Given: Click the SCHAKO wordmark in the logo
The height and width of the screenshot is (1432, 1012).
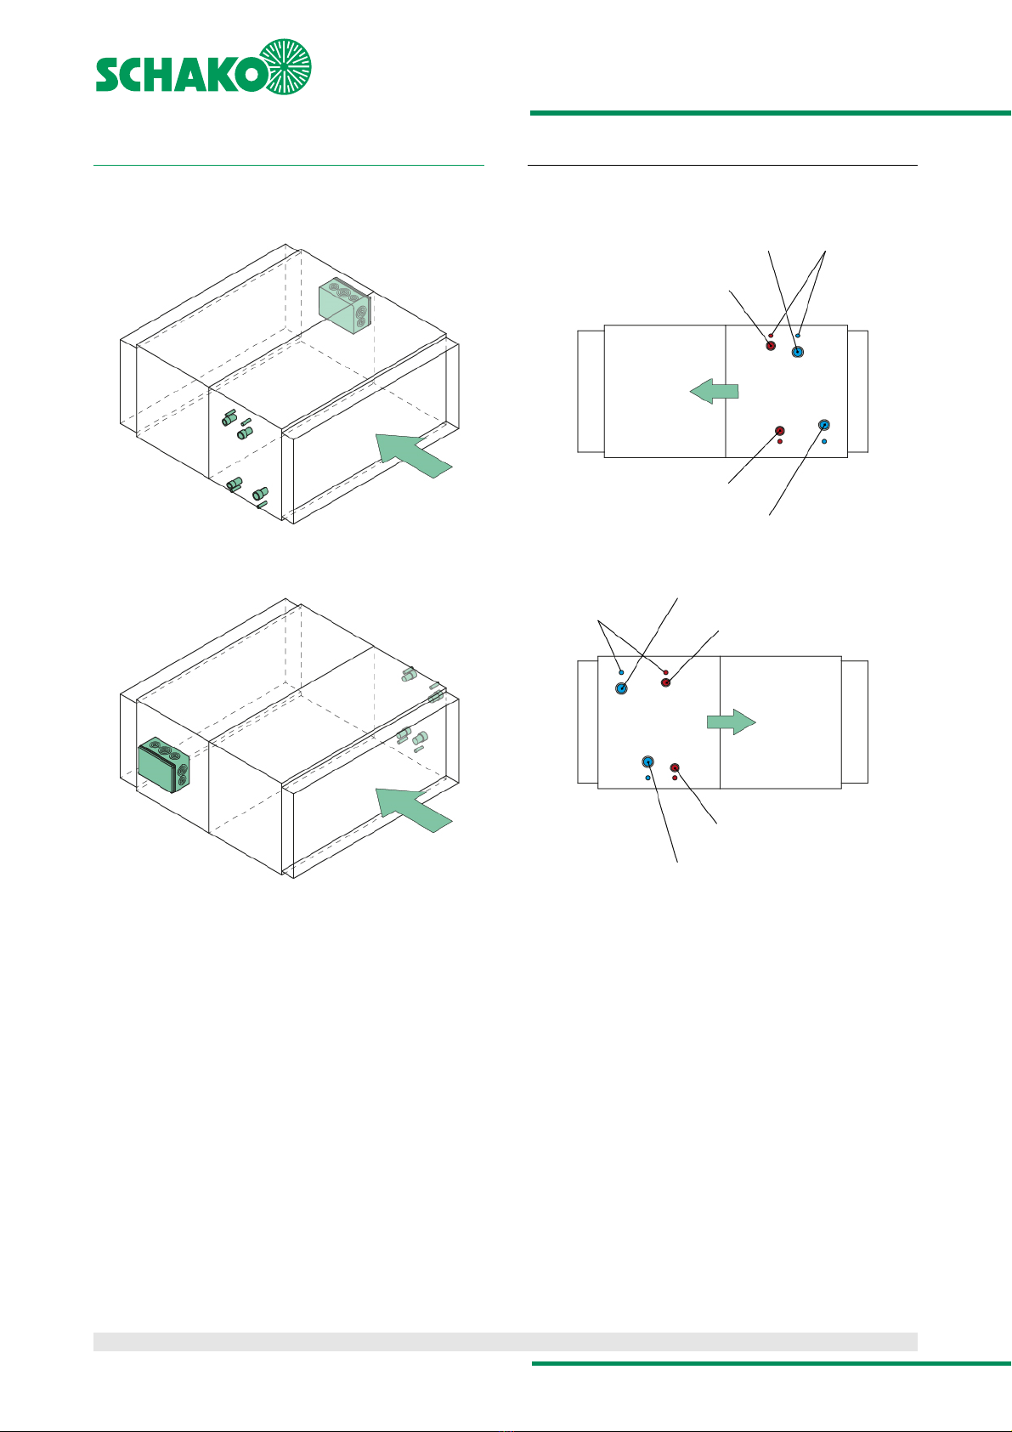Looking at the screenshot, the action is tap(181, 75).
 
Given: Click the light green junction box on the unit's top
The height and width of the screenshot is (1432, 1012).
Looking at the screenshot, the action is tap(345, 306).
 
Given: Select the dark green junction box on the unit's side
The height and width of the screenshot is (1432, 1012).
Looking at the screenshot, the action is tap(164, 764).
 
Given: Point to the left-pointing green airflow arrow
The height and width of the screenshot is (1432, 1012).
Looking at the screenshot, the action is tap(714, 391).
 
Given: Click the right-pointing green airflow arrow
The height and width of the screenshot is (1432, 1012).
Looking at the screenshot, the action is tap(732, 722).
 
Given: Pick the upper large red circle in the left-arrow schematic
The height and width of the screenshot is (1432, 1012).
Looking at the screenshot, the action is tap(771, 346).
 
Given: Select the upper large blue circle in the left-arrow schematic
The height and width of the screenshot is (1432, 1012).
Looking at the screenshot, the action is tap(797, 352).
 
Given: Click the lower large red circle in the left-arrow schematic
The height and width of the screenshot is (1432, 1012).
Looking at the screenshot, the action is tap(780, 431).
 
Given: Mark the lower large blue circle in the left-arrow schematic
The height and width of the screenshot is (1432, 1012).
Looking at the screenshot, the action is tap(824, 425).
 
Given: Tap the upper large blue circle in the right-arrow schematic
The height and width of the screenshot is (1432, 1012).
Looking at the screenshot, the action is tap(621, 688).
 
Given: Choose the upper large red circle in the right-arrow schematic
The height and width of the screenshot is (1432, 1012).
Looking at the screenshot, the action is tap(665, 682).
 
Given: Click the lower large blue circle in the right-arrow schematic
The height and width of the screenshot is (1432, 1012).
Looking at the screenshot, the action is tap(647, 761).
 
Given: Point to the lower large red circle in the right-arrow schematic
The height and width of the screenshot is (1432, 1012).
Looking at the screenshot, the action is tap(675, 767).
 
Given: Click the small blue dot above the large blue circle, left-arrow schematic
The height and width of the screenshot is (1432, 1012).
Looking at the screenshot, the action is tap(798, 336).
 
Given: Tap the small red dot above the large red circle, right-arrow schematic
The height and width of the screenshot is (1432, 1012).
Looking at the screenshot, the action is tap(665, 672).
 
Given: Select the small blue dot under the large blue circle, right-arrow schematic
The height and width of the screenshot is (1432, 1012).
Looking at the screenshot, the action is tap(647, 778).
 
